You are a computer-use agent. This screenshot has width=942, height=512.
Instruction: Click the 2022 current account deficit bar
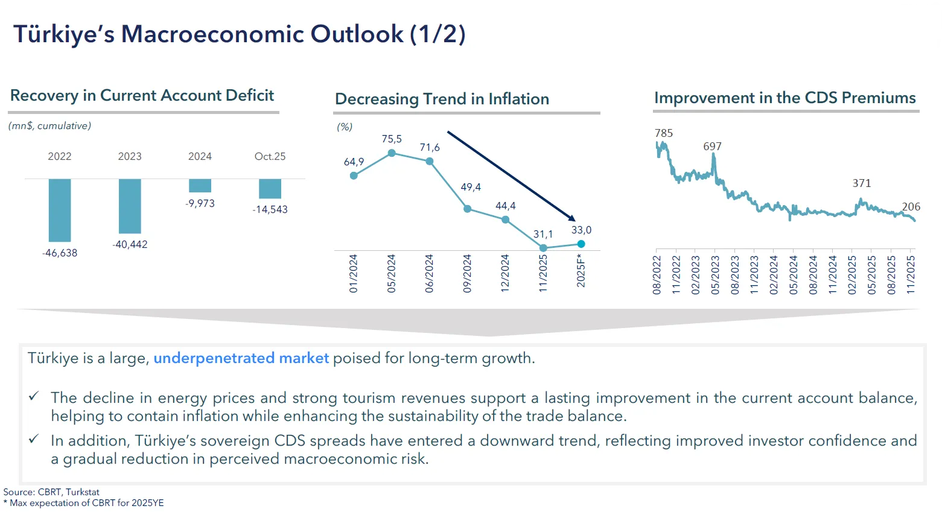point(60,210)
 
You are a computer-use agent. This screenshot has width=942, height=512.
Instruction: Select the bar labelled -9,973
point(200,186)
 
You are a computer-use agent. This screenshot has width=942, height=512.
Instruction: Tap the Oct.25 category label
point(270,156)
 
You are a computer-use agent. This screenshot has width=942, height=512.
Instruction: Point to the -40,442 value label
point(130,244)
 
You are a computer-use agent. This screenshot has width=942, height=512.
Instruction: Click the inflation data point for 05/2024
point(392,153)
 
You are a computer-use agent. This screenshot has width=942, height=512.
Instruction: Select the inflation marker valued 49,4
point(467,209)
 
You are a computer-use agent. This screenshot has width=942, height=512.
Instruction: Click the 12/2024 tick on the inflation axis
point(505,273)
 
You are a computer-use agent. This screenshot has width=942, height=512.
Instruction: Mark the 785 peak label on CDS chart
point(663,133)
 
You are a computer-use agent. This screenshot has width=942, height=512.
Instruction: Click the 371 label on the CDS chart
point(861,183)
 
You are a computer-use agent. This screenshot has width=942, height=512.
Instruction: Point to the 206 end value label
point(911,207)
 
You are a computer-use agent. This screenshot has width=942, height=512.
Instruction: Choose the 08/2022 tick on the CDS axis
point(657,274)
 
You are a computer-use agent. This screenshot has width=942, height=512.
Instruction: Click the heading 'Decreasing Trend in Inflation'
point(442,99)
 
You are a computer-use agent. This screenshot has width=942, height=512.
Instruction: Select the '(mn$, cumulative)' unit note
point(49,126)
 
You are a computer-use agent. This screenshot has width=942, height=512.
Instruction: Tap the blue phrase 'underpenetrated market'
point(241,358)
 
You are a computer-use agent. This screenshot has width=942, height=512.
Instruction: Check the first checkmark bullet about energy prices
point(34,397)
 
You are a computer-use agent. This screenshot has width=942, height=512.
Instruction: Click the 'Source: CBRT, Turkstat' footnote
point(51,492)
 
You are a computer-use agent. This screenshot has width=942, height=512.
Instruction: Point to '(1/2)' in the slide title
point(438,34)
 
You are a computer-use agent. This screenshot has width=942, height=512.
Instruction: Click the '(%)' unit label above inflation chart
point(345,127)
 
